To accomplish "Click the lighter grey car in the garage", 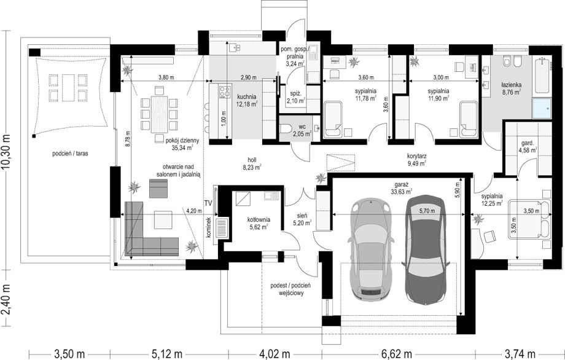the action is pos(370,249).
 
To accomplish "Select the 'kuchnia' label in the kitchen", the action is pos(247,96).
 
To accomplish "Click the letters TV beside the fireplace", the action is pos(209,203).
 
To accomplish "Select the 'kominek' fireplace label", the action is pos(208,227).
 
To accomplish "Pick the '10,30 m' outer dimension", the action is pos(7,151).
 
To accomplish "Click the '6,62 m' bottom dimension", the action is pos(399,353).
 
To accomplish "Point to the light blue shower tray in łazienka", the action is pos(542,108).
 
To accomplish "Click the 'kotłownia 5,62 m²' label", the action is pos(259,223).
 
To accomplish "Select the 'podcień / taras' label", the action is pos(70,153).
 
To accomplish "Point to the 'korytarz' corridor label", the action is pos(417,156).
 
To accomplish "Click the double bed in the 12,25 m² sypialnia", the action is pos(529,219).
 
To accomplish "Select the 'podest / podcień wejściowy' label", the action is pos(290,289).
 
